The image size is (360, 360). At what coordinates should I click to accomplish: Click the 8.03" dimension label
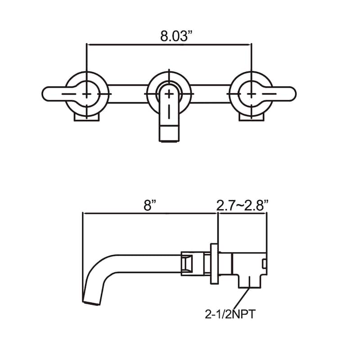tap(176, 36)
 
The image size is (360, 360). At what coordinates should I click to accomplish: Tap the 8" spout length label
tap(150, 205)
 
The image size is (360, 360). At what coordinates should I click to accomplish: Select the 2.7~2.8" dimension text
tap(243, 205)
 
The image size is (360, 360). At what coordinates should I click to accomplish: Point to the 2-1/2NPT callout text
tap(230, 314)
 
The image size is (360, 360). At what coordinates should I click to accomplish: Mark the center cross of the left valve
tap(86, 94)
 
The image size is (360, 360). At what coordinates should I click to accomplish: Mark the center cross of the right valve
tap(252, 94)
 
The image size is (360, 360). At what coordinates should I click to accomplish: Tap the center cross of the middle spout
tap(169, 94)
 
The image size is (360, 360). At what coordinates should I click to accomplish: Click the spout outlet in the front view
tap(169, 133)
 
